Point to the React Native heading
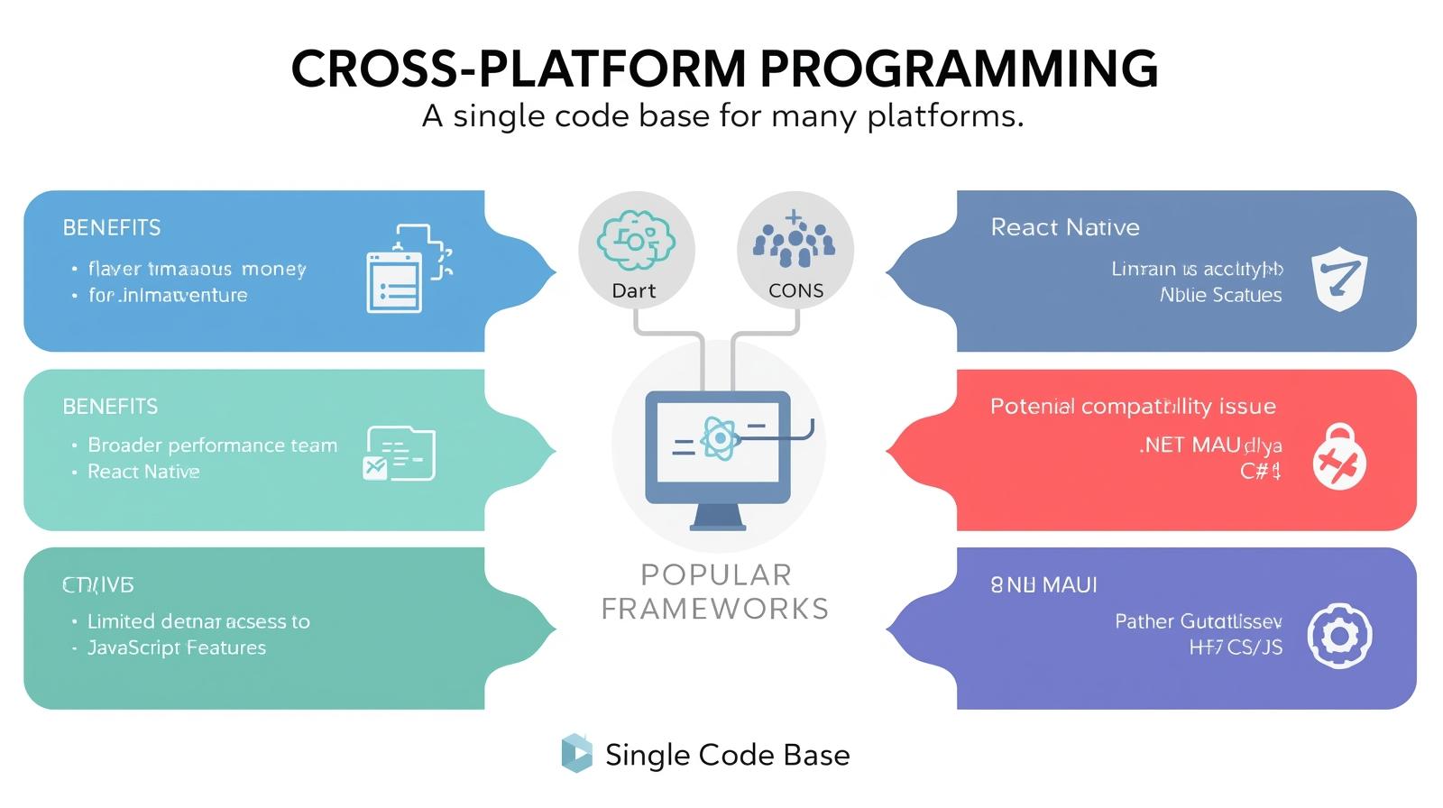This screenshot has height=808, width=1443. point(1064,227)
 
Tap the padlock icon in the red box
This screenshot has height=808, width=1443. point(1338,457)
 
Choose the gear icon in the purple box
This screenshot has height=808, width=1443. point(1338,636)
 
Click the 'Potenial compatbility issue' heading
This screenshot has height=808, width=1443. point(1133,407)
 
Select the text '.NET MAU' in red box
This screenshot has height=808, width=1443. point(1190,445)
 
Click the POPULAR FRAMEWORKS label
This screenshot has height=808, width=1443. point(715,592)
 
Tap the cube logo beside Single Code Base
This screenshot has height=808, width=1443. point(576,754)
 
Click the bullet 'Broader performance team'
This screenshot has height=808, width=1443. point(212,445)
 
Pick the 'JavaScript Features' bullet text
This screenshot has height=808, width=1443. point(176,648)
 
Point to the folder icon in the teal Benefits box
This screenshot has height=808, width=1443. point(399,454)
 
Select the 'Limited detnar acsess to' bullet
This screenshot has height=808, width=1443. point(198,622)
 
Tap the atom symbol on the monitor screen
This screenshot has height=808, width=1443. point(719,439)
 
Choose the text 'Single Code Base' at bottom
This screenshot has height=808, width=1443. point(727,756)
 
